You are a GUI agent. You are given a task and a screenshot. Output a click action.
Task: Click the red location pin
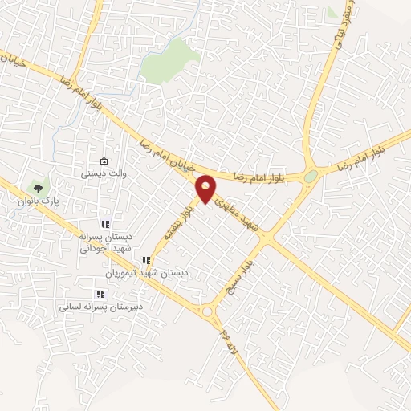(x=206, y=189)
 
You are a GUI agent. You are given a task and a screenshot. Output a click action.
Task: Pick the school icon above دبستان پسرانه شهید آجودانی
(x=104, y=225)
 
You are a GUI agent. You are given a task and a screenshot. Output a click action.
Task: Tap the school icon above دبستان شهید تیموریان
(x=146, y=261)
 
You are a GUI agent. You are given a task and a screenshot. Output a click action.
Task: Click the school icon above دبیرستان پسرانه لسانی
(x=101, y=295)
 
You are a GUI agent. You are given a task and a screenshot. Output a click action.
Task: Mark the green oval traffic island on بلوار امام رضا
(x=310, y=177)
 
